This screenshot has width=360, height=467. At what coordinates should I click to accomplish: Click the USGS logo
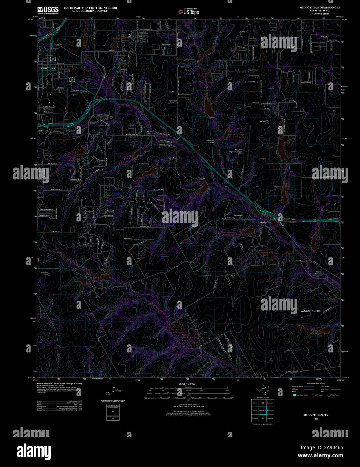[48, 9]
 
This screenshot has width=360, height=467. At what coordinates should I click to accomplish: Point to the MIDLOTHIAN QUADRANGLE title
[315, 7]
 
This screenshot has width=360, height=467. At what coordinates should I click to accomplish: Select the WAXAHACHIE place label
[310, 311]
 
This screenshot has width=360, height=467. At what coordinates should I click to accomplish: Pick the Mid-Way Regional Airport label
[238, 151]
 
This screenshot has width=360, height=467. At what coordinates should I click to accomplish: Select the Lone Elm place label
[233, 275]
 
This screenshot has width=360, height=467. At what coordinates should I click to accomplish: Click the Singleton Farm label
[45, 273]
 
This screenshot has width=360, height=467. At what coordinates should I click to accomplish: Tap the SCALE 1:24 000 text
[187, 384]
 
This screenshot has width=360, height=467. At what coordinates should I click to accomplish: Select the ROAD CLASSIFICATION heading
[316, 383]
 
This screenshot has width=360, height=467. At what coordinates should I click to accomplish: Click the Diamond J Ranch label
[211, 141]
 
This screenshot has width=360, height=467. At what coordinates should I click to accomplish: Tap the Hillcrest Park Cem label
[318, 272]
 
